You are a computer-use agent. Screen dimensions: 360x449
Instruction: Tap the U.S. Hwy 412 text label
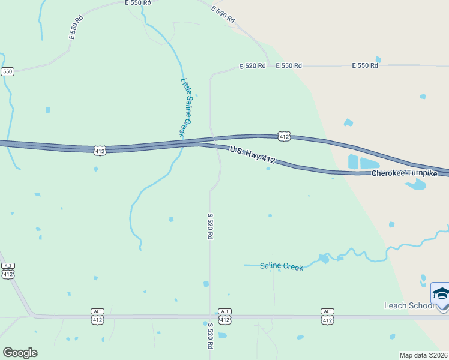click(x=252, y=154)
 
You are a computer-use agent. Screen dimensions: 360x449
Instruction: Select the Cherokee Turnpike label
click(x=404, y=173)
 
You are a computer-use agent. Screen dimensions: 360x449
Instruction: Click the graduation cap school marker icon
click(x=441, y=294)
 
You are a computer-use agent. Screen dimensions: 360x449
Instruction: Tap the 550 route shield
click(x=7, y=71)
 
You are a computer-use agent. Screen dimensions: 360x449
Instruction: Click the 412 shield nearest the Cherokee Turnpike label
click(x=285, y=137)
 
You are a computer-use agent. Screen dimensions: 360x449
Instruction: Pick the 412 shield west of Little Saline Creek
click(x=100, y=151)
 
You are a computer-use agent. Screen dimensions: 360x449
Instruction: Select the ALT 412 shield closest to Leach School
click(x=327, y=317)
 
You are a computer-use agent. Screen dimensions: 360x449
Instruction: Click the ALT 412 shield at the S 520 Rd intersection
click(x=224, y=317)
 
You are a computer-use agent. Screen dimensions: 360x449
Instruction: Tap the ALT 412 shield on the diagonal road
click(x=8, y=271)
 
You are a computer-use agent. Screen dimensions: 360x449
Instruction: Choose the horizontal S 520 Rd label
click(x=252, y=65)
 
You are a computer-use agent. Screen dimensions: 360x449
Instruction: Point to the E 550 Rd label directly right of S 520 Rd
click(x=288, y=65)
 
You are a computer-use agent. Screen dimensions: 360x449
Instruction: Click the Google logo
click(x=20, y=352)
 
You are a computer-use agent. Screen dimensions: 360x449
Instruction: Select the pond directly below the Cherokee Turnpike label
click(x=415, y=184)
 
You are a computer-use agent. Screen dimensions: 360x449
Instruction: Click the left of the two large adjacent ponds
click(x=353, y=162)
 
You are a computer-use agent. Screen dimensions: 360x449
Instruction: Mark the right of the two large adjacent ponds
click(x=369, y=163)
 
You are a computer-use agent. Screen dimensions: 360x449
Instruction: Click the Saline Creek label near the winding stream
click(x=281, y=266)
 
